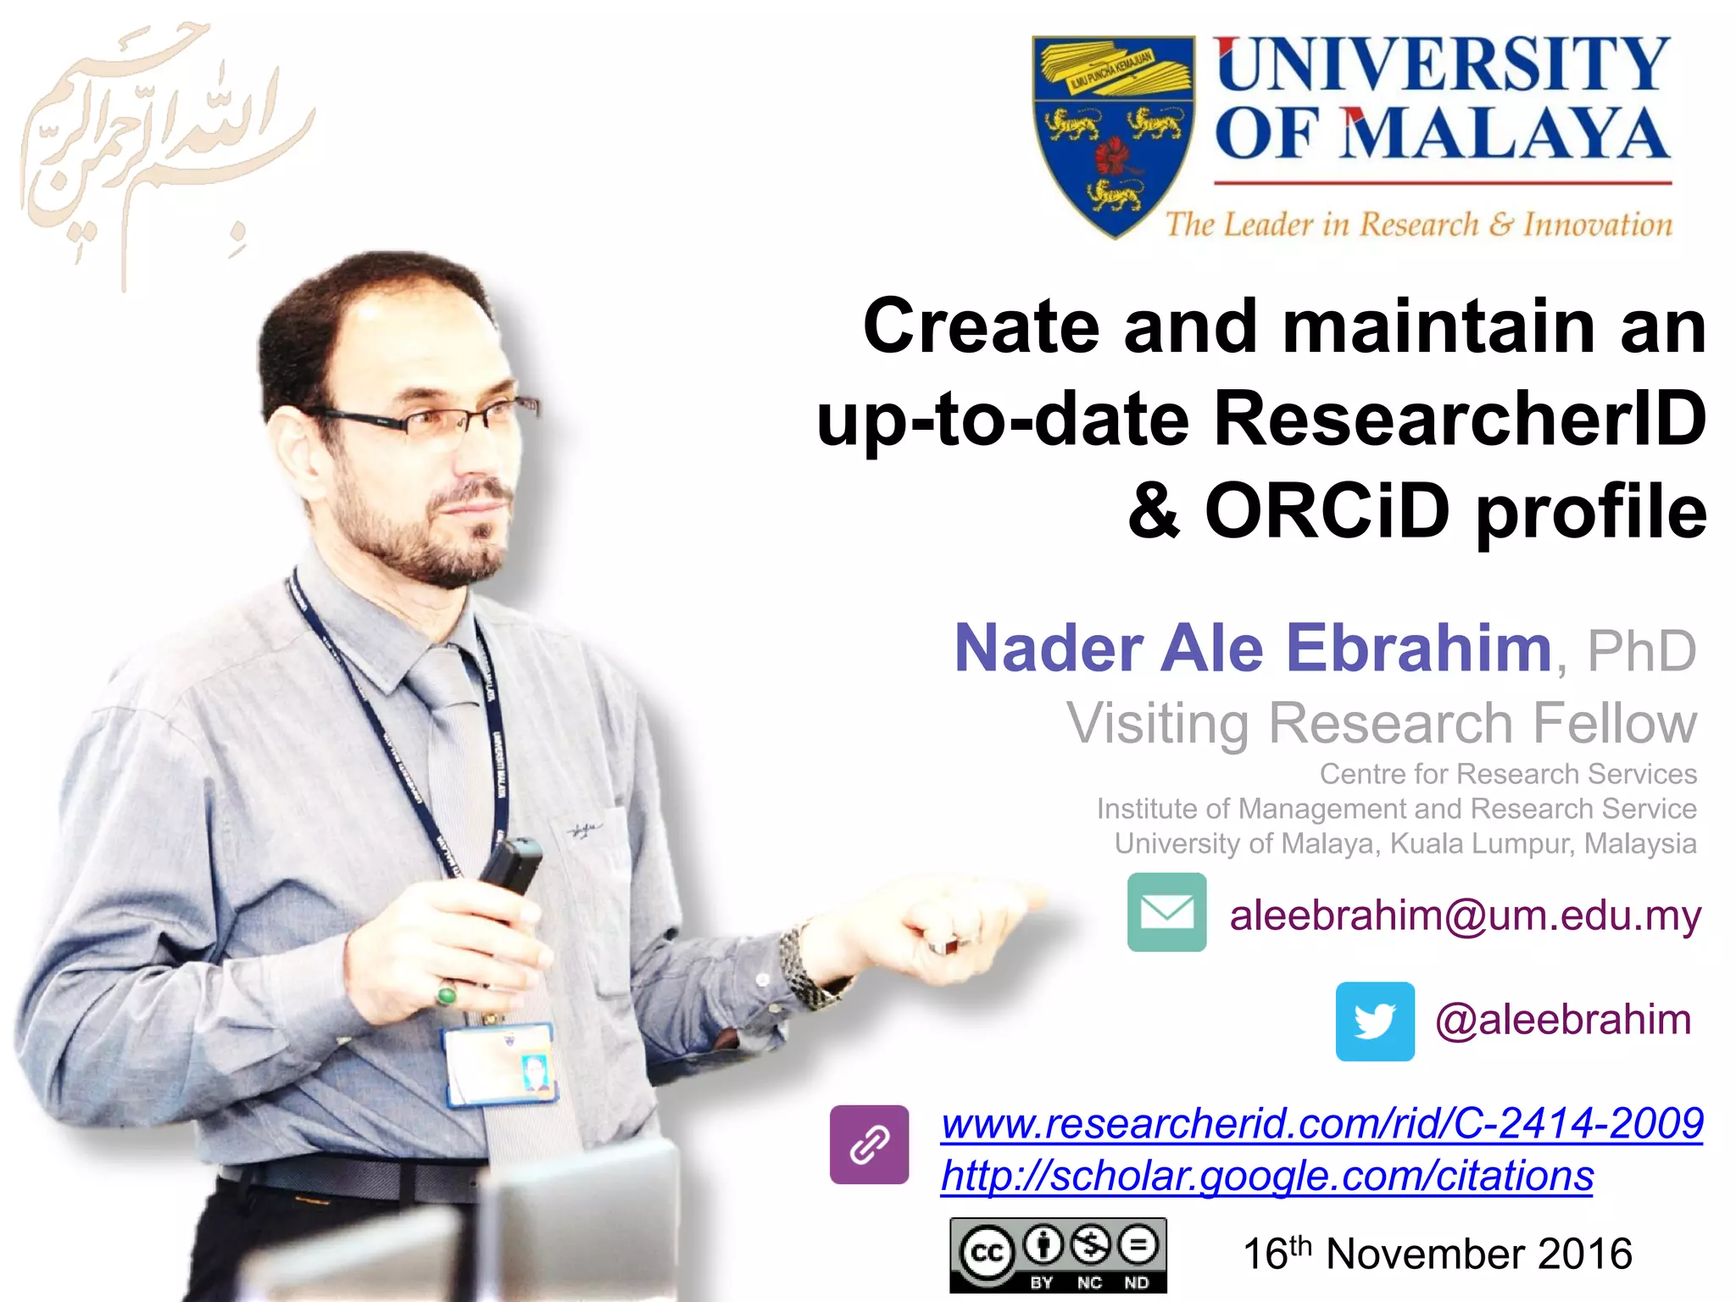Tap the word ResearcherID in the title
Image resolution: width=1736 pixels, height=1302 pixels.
pyautogui.click(x=1460, y=418)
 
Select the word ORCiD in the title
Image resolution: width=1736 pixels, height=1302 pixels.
pyautogui.click(x=1327, y=511)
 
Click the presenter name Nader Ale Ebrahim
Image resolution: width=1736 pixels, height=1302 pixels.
pyautogui.click(x=1253, y=648)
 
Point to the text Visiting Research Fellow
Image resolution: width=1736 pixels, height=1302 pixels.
pyautogui.click(x=1382, y=723)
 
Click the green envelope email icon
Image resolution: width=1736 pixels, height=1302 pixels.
pyautogui.click(x=1166, y=912)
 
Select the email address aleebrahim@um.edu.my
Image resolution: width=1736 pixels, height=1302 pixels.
pyautogui.click(x=1465, y=915)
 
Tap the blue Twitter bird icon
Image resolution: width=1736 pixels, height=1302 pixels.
pyautogui.click(x=1375, y=1021)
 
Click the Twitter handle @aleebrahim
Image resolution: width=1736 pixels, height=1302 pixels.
pyautogui.click(x=1563, y=1020)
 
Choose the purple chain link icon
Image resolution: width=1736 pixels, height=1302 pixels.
pyautogui.click(x=869, y=1144)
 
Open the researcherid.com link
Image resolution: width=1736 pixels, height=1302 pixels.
pyautogui.click(x=1321, y=1124)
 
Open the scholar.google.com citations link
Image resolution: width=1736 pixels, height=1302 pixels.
pyautogui.click(x=1266, y=1177)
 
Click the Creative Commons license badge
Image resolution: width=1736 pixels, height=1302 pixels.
pyautogui.click(x=1058, y=1255)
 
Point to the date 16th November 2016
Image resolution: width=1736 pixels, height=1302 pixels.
pyautogui.click(x=1437, y=1254)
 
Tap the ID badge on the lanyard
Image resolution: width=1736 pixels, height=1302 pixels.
pyautogui.click(x=500, y=1065)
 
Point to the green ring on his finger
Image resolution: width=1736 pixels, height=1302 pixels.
pyautogui.click(x=447, y=993)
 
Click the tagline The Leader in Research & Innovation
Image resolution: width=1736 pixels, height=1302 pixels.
pyautogui.click(x=1418, y=225)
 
